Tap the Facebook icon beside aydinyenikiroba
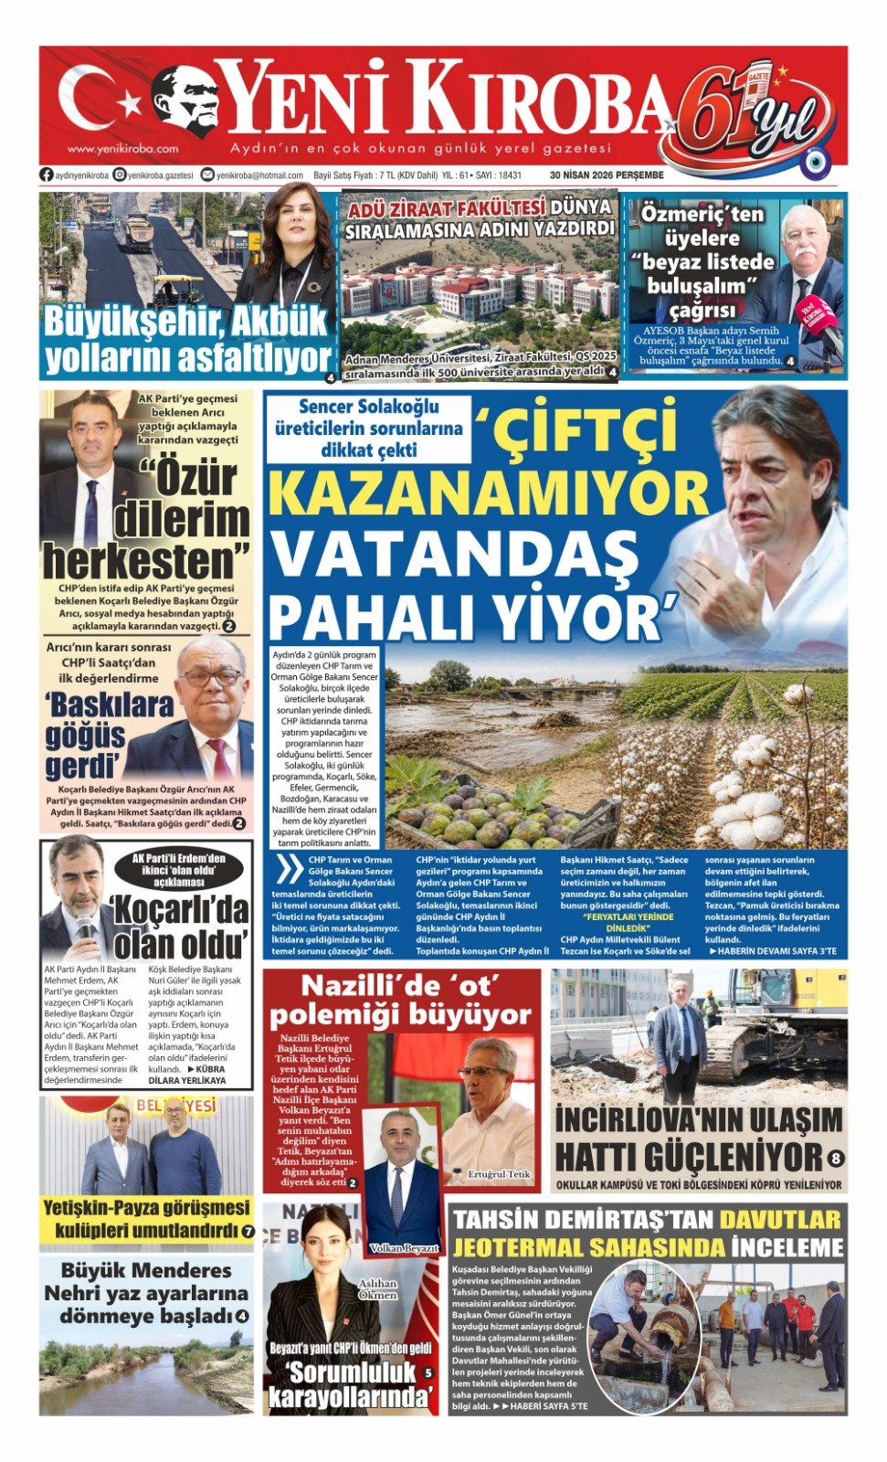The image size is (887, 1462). pos(46,175)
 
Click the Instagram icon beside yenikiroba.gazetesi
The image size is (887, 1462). pos(120,175)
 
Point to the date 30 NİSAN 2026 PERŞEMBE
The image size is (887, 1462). pos(606,175)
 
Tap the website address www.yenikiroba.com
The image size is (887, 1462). pos(122,148)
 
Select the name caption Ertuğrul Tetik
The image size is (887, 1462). pos(498,1174)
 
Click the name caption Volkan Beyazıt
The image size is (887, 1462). pos(405,1247)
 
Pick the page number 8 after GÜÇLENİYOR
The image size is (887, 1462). pos(835,1159)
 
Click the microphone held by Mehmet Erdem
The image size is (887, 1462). pos(85,927)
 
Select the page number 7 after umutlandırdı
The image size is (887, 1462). pos(248,1232)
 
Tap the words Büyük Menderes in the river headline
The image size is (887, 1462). pos(146,1270)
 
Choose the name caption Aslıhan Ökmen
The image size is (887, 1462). pos(377,1289)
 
